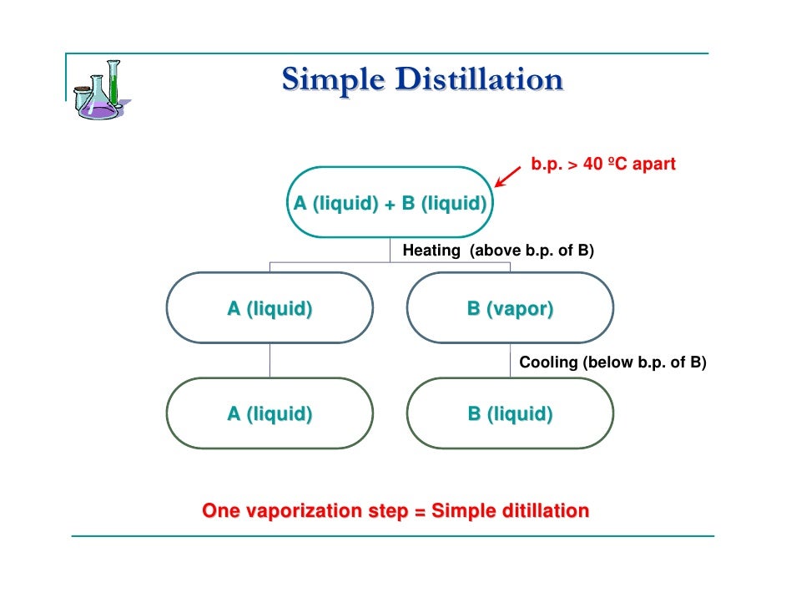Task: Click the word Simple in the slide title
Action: click(x=332, y=80)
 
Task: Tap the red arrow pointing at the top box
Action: click(x=508, y=175)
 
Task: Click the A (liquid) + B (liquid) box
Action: click(x=390, y=204)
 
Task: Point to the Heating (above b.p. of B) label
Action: click(x=498, y=250)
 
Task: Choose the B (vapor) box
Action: click(x=509, y=308)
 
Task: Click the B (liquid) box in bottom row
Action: click(x=509, y=413)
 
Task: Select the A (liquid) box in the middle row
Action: click(x=270, y=308)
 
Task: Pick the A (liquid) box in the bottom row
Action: click(x=270, y=413)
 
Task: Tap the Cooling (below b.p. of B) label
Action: click(x=612, y=362)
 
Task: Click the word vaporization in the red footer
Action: click(x=296, y=510)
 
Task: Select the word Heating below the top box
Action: click(x=431, y=250)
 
